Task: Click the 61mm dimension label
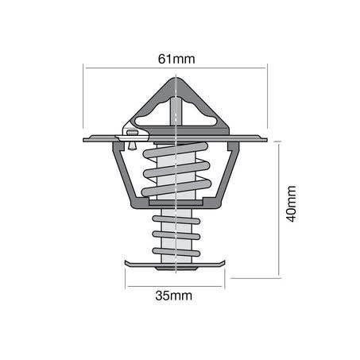[176, 59]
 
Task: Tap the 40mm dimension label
[291, 203]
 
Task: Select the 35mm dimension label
[174, 296]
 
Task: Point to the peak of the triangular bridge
[176, 78]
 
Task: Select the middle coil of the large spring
[176, 170]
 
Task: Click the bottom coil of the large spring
[176, 188]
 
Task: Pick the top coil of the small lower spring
[176, 219]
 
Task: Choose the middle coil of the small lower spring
[176, 235]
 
